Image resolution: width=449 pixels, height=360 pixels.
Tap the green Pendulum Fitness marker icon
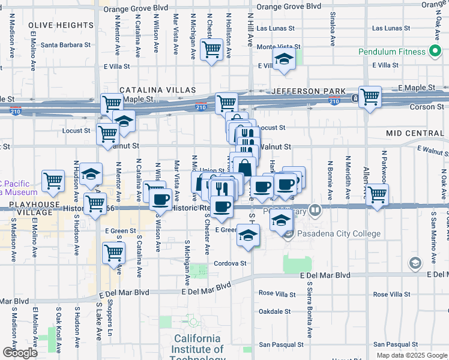click(435, 52)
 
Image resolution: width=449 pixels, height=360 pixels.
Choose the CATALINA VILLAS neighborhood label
click(157, 90)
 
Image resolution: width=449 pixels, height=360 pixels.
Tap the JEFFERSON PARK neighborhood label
click(309, 91)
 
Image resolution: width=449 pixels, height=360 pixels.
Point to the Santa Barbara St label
click(65, 44)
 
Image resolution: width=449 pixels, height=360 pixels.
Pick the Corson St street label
click(427, 107)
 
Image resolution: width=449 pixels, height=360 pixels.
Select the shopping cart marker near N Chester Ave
click(211, 50)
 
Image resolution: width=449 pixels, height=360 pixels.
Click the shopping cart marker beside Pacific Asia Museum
click(53, 180)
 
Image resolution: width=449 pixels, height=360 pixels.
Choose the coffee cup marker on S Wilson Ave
click(160, 199)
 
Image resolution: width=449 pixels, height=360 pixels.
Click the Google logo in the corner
click(19, 353)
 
